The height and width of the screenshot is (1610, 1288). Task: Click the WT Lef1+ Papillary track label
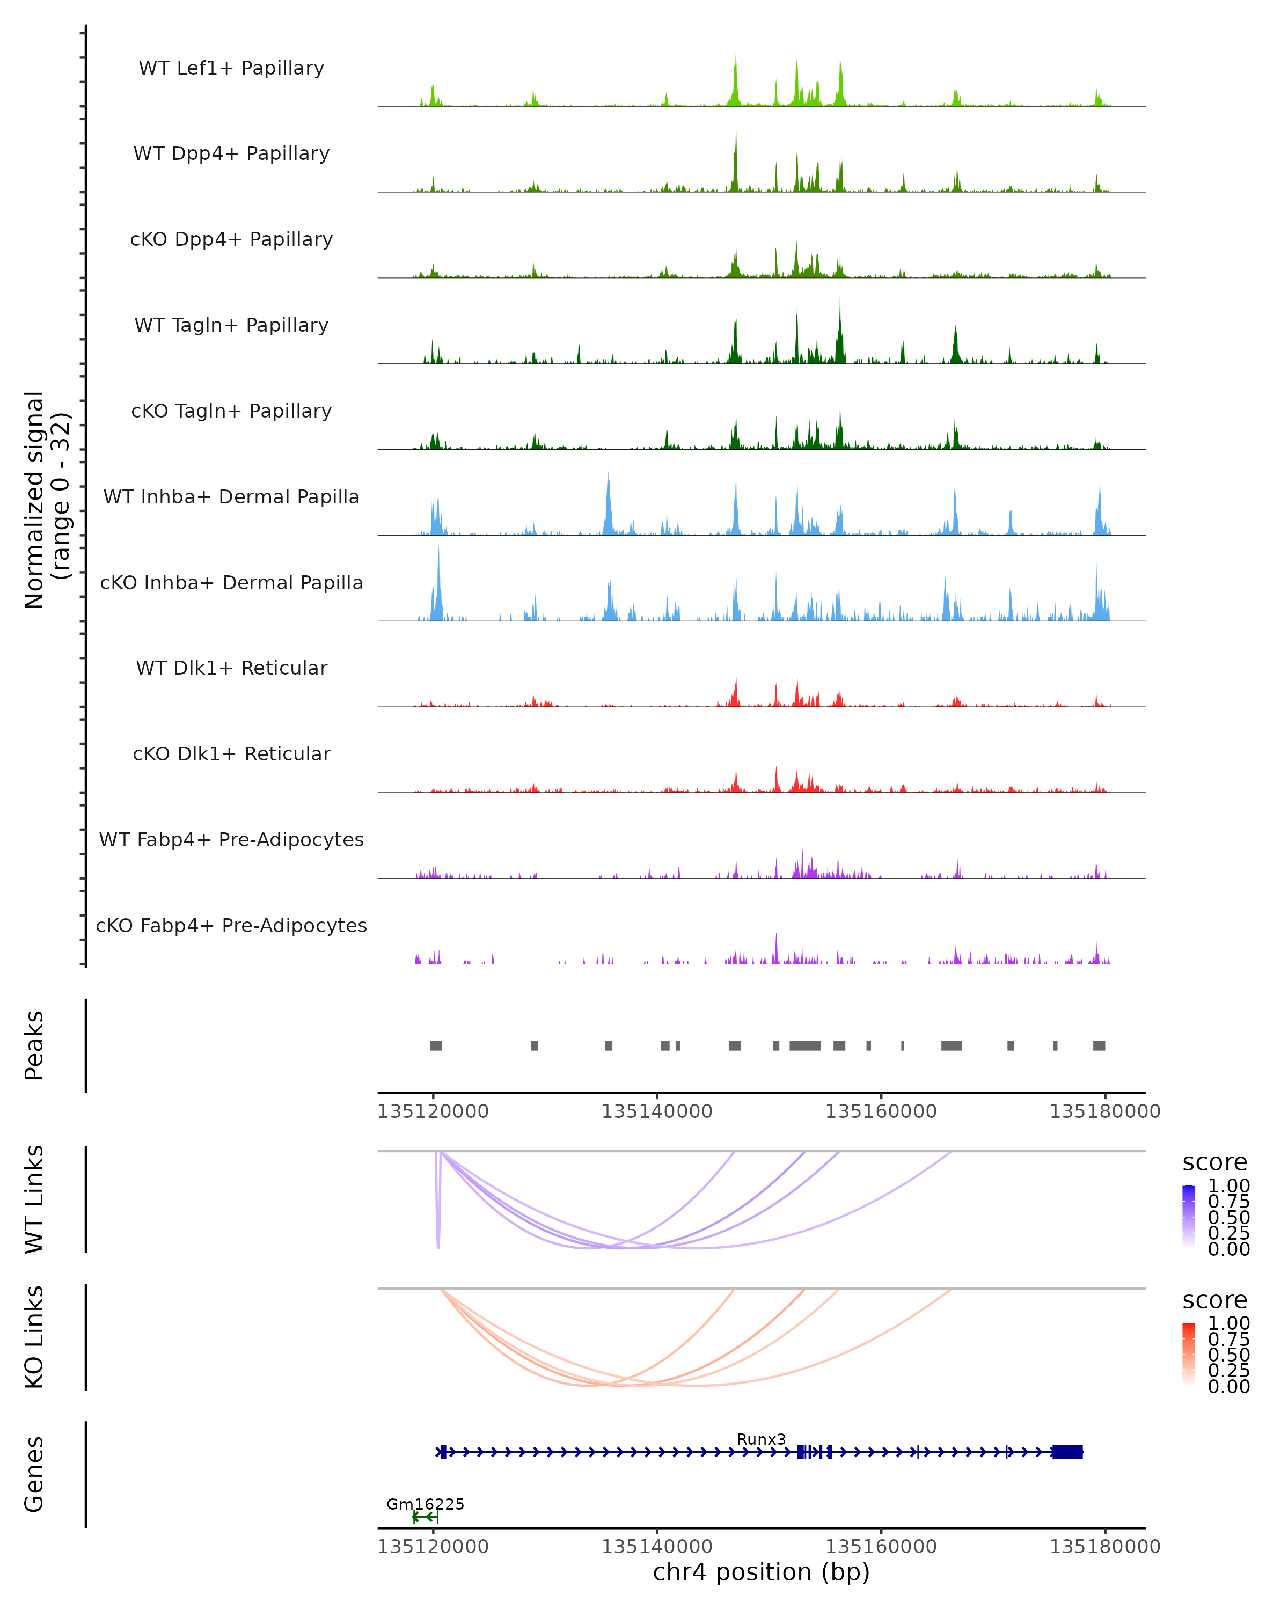coord(231,68)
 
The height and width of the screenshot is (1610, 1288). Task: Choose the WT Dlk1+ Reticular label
coord(231,668)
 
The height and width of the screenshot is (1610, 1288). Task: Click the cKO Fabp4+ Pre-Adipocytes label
coord(231,925)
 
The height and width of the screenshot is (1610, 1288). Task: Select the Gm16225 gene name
coord(425,1504)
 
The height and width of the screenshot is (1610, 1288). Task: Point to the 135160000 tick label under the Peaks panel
coord(881,1111)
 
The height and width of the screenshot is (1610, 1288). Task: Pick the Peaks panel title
coord(34,1045)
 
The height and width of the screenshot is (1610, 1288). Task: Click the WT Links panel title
coord(34,1199)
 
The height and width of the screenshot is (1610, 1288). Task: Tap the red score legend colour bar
coord(1189,1354)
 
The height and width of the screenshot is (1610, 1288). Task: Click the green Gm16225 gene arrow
coord(425,1517)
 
